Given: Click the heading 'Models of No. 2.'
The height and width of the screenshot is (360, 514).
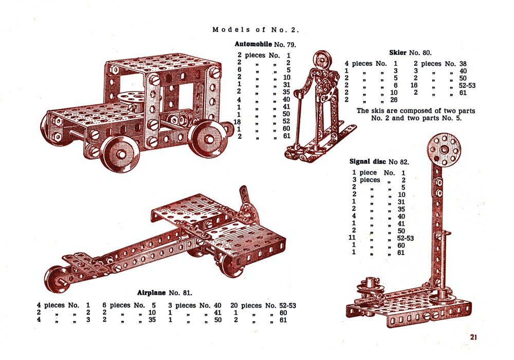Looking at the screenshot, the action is pos(255,30).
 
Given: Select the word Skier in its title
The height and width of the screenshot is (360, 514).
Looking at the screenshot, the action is pos(398,52).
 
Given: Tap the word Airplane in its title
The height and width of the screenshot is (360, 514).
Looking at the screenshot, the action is pos(151,293).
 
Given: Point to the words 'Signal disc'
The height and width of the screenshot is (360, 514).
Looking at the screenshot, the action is pos(368,161).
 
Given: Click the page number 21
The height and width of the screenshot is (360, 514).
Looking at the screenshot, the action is pos(473,337).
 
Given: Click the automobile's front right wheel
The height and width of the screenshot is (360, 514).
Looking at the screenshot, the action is pos(120,154).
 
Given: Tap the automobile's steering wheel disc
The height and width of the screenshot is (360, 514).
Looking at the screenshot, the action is pos(131,98).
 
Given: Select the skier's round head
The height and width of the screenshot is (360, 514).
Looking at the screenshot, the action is pos(322,60).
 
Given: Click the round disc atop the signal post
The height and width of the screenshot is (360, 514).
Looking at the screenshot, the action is pos(444,150).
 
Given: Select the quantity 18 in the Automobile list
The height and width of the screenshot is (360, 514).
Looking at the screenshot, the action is pos(237,122).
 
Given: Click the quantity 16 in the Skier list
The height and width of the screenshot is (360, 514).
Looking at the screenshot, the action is pos(414,85).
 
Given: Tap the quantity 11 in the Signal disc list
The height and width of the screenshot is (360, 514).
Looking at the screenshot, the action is pos(352,238).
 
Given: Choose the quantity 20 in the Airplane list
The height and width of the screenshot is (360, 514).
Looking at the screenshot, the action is pos(234,305).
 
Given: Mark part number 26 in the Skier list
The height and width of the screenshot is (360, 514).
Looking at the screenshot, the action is pos(394,100).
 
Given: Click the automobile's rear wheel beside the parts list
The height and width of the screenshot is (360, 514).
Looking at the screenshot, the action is pos(209,139).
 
